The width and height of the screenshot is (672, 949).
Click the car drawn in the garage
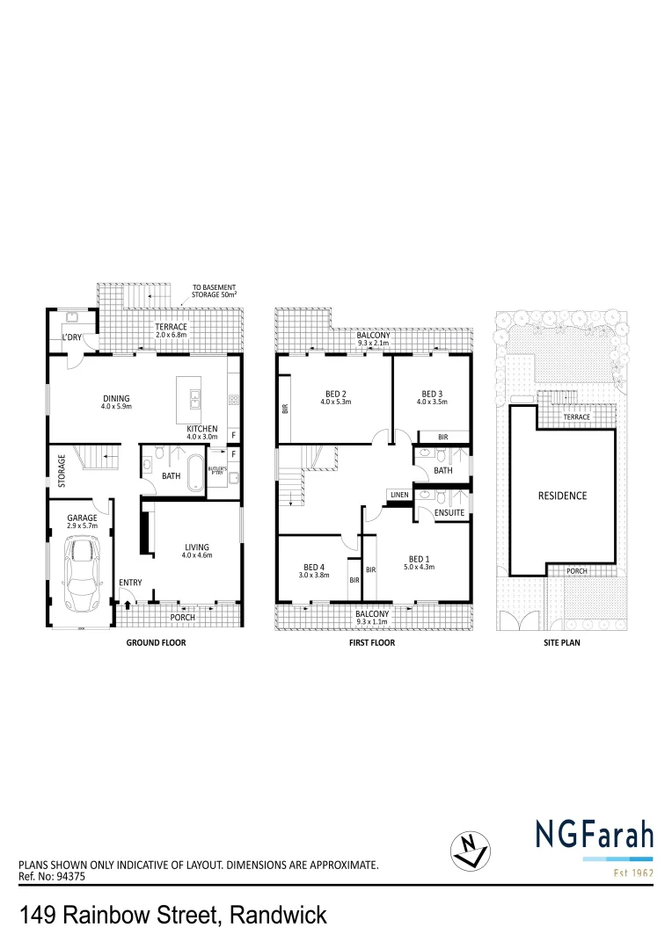[x=81, y=575]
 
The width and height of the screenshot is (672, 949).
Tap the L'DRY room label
[x=71, y=338]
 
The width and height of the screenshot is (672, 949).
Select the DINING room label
[x=117, y=397]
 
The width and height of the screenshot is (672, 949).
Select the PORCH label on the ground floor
[x=182, y=617]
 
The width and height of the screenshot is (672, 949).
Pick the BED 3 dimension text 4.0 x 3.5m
[x=431, y=402]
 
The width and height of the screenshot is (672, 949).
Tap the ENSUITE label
[x=449, y=511]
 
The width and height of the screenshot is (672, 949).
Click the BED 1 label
[x=420, y=558]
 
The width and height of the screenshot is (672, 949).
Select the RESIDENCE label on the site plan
[x=562, y=496]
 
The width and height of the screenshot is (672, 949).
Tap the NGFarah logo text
[x=594, y=834]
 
